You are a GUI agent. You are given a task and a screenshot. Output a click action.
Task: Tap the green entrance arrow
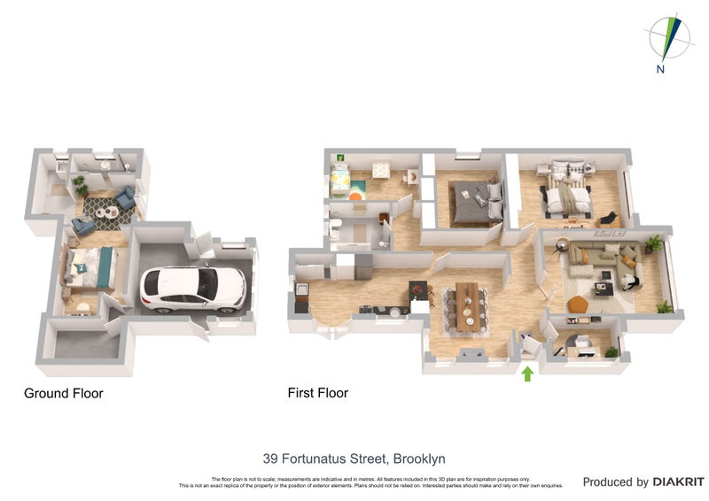(x=527, y=374)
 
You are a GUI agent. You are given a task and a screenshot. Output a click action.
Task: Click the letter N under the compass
(x=660, y=69)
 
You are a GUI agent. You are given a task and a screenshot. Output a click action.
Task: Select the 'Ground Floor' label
(x=64, y=393)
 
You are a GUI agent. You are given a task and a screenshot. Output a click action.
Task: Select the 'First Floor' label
(x=318, y=392)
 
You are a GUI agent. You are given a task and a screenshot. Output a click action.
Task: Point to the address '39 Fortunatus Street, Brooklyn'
(x=354, y=459)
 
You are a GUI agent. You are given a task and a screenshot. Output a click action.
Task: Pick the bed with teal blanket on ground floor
(x=92, y=266)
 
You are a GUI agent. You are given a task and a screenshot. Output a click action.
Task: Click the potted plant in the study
(x=611, y=351)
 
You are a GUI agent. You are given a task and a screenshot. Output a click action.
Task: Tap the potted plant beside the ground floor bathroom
(x=81, y=185)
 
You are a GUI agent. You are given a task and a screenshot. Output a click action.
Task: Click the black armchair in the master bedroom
(x=610, y=218)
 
